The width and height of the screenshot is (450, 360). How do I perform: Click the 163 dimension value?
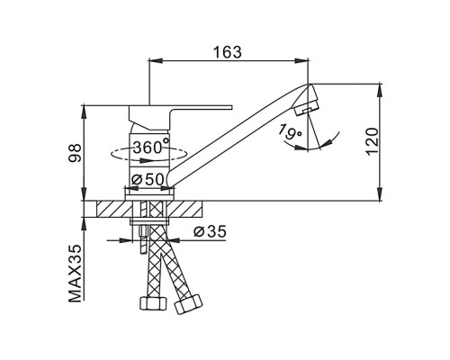click(227, 52)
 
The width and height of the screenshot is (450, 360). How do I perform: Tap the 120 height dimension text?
click(373, 141)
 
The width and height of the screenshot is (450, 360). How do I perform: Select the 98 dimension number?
click(75, 153)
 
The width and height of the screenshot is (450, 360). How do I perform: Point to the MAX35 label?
click(75, 274)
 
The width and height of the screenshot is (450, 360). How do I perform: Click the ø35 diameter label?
click(210, 231)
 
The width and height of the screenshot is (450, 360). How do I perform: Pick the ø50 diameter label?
click(148, 180)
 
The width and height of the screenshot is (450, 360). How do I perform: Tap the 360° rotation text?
click(151, 147)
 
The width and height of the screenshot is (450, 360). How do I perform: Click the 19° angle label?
click(290, 131)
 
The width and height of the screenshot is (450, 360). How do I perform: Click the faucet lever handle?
click(180, 117)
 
